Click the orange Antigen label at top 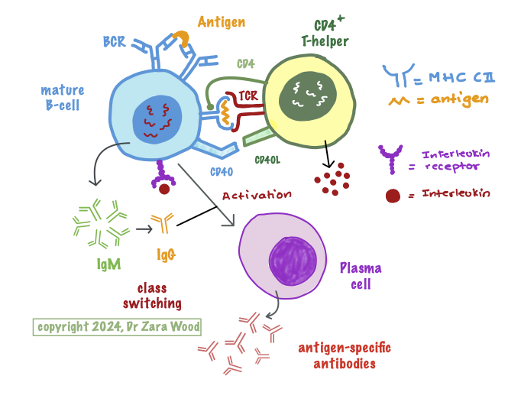point(222,21)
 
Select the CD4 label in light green point(245,64)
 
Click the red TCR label point(248,96)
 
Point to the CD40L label point(267,160)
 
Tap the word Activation point(257,195)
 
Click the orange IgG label point(166,254)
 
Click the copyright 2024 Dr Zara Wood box point(117,327)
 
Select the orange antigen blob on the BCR point(182,37)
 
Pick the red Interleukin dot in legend point(393,196)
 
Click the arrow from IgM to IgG point(143,228)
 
